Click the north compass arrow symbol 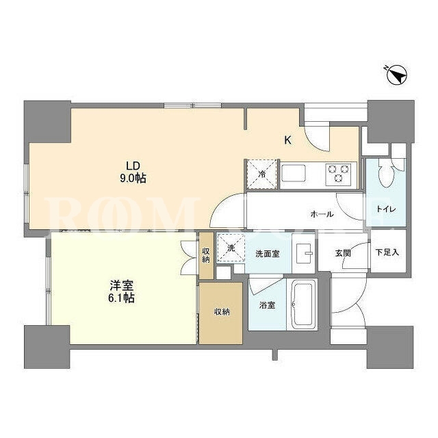coord(397,75)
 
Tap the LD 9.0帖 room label coord(133,172)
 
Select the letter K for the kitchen coord(287,140)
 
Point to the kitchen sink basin coord(294,173)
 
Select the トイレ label coord(386,209)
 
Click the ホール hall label coord(322,214)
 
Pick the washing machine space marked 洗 coord(231,248)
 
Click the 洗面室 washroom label coord(268,254)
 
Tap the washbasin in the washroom coord(305,253)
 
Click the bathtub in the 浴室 coord(302,305)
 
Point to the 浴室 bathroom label coord(268,305)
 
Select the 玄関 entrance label coord(343,253)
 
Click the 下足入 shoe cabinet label coord(387,253)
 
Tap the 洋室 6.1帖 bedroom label coord(121,292)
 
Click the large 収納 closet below coord(220,313)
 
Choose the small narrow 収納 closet coord(206,255)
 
